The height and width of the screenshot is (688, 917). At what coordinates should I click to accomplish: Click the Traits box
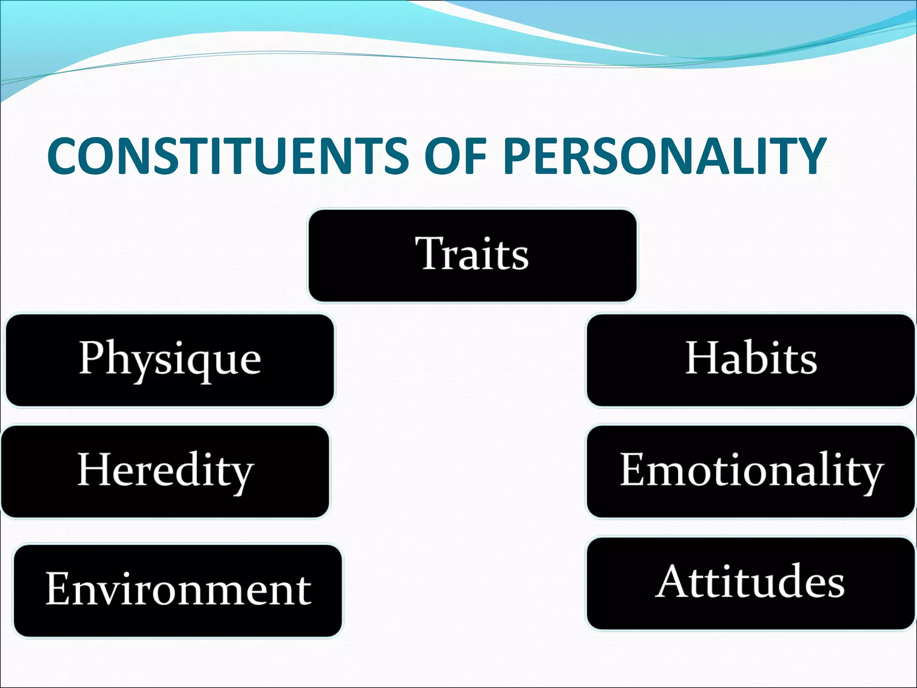(x=473, y=256)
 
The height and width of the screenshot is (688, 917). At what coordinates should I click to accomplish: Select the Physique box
(x=170, y=361)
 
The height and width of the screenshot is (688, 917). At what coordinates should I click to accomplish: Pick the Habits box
(x=751, y=361)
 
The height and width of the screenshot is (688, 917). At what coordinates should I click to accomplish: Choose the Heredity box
(x=165, y=472)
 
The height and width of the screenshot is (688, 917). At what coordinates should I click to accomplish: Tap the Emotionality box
(x=751, y=472)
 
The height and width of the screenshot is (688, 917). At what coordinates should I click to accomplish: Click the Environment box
(x=178, y=590)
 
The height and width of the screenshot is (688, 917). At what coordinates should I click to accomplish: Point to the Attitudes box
(x=751, y=583)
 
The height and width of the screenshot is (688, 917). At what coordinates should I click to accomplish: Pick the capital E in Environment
(x=58, y=589)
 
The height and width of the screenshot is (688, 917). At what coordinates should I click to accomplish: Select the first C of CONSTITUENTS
(x=66, y=155)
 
